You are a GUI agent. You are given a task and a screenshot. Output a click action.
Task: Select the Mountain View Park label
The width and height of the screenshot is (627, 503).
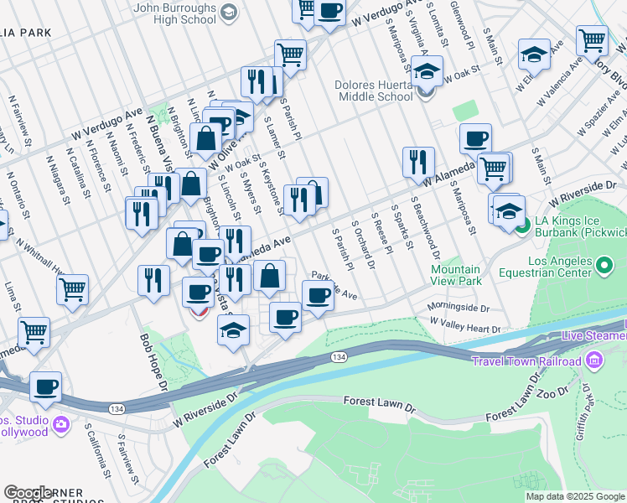(456, 276)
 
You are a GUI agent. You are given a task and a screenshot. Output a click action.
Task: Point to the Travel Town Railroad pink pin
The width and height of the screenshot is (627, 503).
(594, 361)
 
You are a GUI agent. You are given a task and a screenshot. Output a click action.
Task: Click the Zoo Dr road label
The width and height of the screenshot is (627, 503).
(555, 393)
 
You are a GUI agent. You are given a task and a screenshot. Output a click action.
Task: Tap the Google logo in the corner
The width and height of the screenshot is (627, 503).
(28, 493)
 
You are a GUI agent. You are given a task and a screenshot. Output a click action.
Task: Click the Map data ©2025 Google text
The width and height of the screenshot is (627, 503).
(575, 496)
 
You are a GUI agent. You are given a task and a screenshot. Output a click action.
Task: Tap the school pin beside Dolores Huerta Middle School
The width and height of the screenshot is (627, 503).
(427, 71)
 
